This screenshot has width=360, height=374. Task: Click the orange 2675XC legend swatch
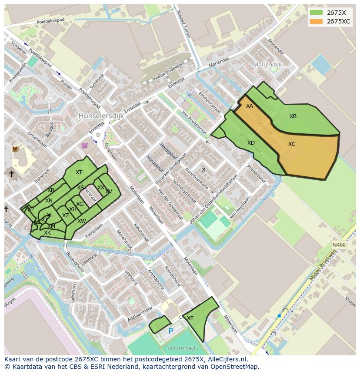pyautogui.click(x=316, y=21)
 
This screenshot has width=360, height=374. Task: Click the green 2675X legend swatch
pyautogui.click(x=316, y=13)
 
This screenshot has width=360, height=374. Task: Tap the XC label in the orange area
pyautogui.click(x=292, y=144)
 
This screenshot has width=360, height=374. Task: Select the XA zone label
pyautogui.click(x=249, y=106)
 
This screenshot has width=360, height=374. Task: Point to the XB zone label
pyautogui.click(x=293, y=116)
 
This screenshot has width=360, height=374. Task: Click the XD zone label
pyautogui.click(x=251, y=143)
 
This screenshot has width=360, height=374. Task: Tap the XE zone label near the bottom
pyautogui.click(x=190, y=318)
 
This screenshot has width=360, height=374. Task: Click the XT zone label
pyautogui.click(x=79, y=172)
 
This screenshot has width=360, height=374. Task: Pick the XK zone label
pyautogui.click(x=47, y=233)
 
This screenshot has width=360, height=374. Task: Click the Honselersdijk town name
pyautogui.click(x=101, y=116)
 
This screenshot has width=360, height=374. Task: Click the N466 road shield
pyautogui.click(x=339, y=245)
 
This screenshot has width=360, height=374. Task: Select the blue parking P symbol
pyautogui.click(x=171, y=331)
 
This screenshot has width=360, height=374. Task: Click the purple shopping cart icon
pyautogui.click(x=84, y=146)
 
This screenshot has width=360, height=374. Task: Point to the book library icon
pyautogui.click(x=15, y=149)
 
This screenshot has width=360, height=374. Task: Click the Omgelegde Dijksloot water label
pyautogui.click(x=113, y=251)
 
